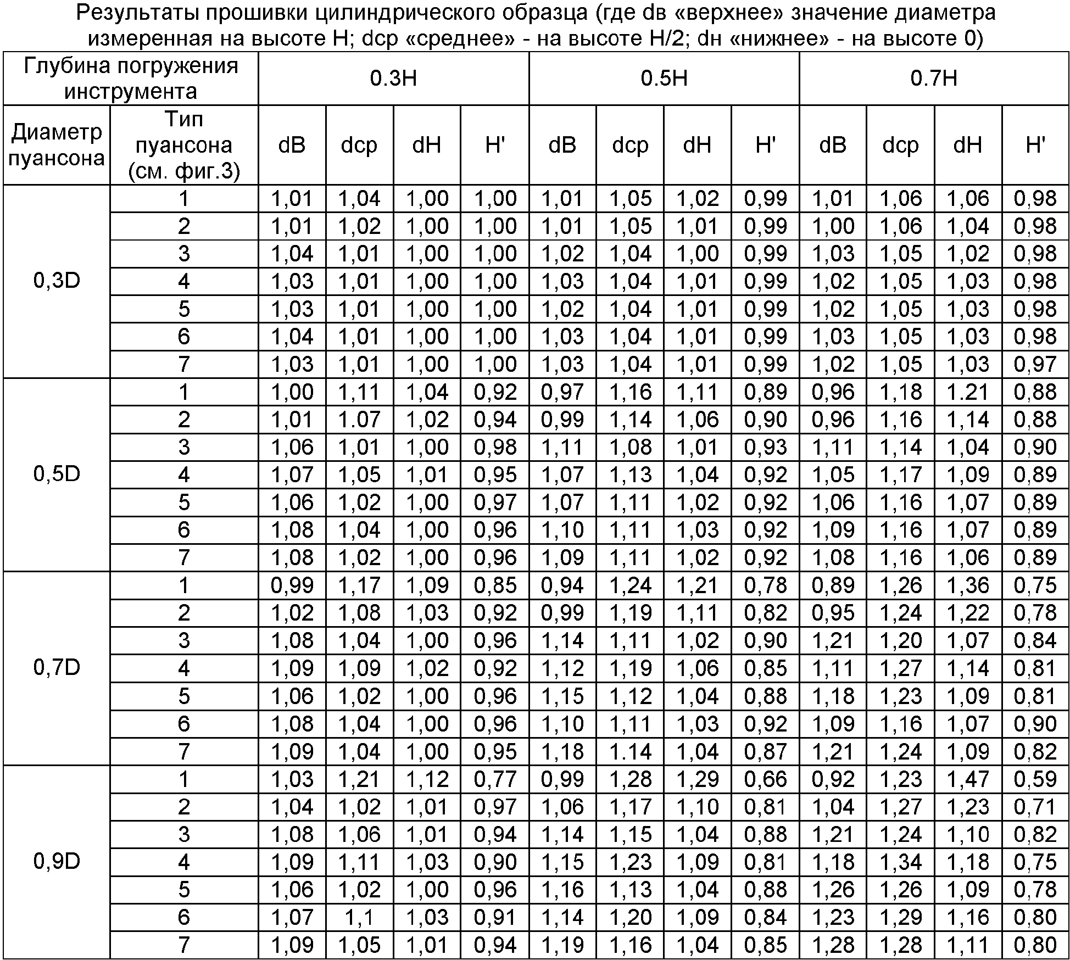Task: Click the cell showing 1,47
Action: point(968,779)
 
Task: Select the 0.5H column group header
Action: point(664,79)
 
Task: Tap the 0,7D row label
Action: point(57,668)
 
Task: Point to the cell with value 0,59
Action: point(1035,779)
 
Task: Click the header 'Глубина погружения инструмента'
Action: point(131,79)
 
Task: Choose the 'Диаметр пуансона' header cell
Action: point(57,145)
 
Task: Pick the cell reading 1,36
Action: point(968,585)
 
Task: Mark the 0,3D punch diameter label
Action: point(57,281)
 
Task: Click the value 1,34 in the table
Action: point(901,862)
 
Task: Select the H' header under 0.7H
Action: point(1035,145)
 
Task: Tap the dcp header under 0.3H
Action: point(359,145)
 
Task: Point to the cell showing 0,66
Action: point(765,779)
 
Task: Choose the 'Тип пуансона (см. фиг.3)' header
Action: point(183,145)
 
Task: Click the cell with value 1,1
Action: point(359,917)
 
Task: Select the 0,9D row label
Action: point(57,862)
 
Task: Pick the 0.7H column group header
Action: point(934,79)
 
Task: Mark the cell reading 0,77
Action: point(495,779)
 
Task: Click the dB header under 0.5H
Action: point(562,145)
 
